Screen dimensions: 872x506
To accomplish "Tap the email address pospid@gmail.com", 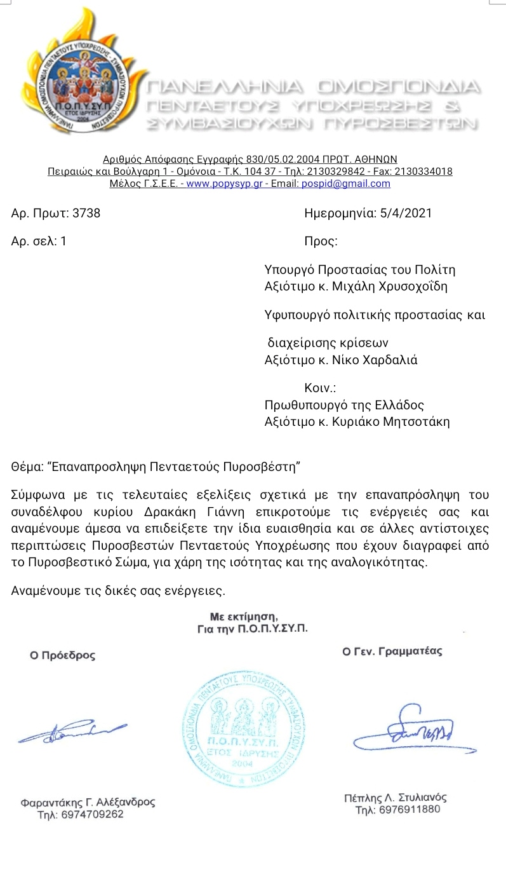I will click(357, 184).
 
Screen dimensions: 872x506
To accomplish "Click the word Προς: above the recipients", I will click(321, 242).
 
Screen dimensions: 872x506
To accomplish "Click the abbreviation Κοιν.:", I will click(320, 388).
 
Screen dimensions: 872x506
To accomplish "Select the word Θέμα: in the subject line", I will click(28, 467).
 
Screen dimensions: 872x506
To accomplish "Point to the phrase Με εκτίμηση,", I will click(244, 616).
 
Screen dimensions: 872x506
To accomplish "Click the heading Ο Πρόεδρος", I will click(62, 655).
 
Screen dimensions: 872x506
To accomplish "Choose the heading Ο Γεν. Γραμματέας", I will click(392, 651).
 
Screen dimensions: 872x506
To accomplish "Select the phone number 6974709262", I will click(81, 815).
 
